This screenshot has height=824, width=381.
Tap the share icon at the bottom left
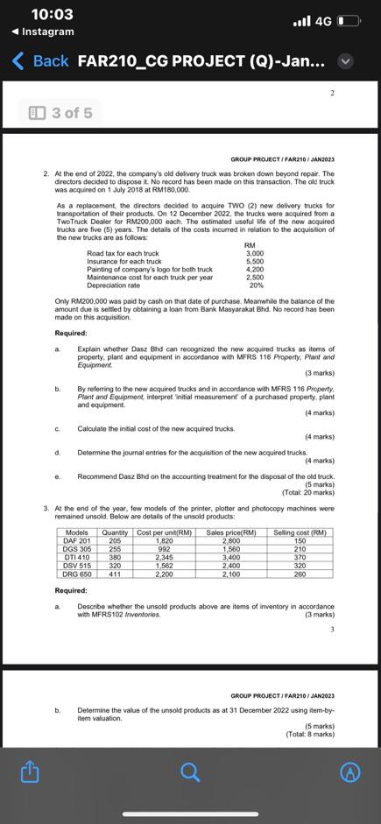29,771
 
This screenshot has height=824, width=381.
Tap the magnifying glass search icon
190,771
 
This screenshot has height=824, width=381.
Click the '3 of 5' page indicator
64,113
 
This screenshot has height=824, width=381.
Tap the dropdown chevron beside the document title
348,61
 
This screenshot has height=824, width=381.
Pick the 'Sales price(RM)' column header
231,532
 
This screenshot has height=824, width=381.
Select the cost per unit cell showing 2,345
165,557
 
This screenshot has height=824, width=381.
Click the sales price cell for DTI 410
231,557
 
